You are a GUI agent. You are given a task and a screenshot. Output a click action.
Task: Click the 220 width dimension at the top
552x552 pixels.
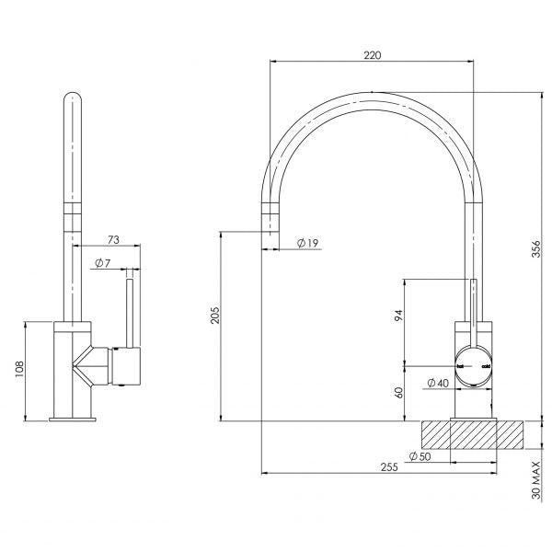[372, 55]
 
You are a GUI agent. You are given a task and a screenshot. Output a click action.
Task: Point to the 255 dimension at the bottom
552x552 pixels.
[388, 467]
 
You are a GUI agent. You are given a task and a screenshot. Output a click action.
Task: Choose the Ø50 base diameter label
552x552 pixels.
[420, 455]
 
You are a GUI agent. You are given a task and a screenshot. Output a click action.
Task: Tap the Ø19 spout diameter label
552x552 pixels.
[307, 243]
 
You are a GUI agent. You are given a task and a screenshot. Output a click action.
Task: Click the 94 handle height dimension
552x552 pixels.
[398, 316]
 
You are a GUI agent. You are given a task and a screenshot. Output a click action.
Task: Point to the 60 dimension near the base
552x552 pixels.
[398, 392]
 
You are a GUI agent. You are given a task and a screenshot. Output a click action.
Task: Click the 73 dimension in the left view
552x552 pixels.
[113, 239]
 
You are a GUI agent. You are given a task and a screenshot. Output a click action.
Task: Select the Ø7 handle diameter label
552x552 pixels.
[102, 264]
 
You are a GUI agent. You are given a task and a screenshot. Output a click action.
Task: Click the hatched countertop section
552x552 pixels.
[475, 435]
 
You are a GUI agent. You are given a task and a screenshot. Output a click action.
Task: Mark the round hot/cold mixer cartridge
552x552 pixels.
[474, 365]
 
